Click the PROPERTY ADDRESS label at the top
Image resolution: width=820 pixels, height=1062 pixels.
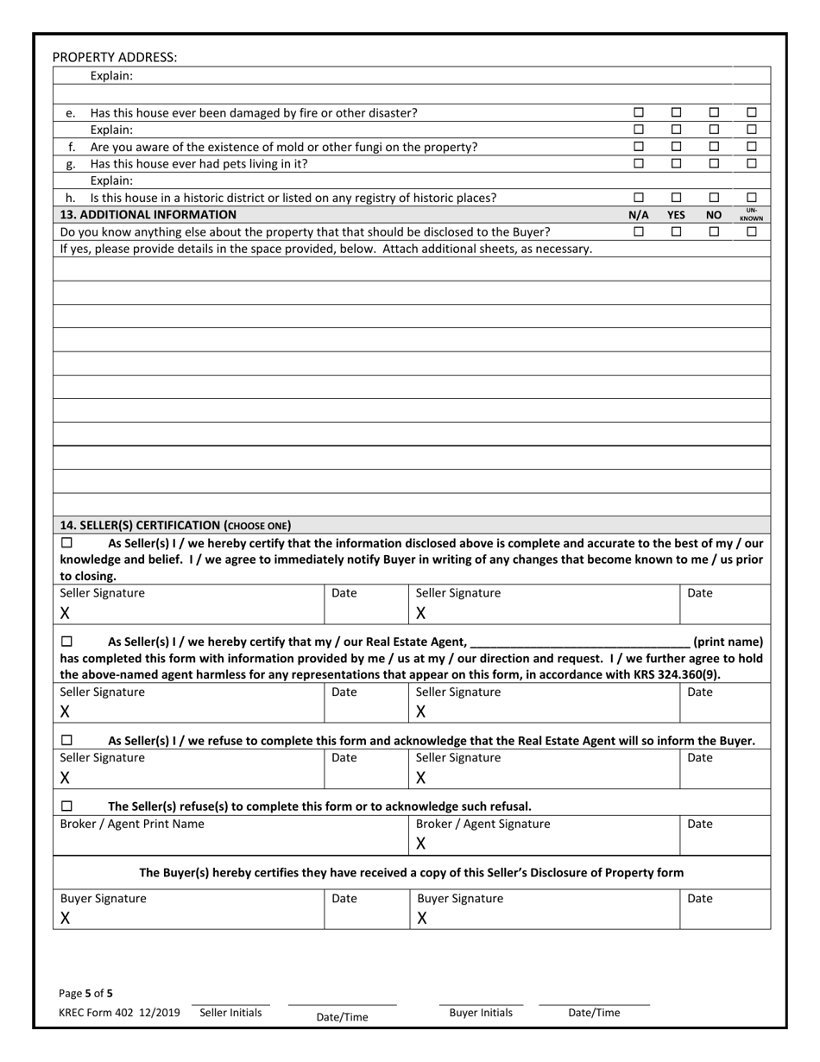[x=115, y=57]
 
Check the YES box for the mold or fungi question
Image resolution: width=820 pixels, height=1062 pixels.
[x=676, y=146]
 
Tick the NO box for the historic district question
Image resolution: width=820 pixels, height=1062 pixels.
[x=714, y=198]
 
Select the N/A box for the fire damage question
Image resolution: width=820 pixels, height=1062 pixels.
[x=639, y=112]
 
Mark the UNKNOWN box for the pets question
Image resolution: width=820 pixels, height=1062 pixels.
[x=751, y=163]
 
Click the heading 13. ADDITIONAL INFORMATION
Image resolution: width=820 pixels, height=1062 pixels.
[x=148, y=214]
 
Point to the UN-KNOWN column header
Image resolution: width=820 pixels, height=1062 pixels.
[x=751, y=214]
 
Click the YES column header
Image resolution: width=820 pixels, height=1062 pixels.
[x=676, y=214]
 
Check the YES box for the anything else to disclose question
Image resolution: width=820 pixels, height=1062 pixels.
[x=676, y=231]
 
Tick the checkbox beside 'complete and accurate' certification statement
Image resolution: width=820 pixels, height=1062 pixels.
[x=67, y=543]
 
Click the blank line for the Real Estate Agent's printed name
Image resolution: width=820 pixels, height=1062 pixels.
[x=580, y=642]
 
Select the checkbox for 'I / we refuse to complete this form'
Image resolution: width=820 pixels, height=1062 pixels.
[x=67, y=741]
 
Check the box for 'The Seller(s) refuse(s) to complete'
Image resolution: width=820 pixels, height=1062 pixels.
[x=67, y=806]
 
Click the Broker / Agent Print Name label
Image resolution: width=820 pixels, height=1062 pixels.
[x=132, y=824]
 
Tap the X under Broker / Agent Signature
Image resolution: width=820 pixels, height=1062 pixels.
[x=421, y=843]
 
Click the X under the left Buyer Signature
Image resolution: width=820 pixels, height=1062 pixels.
[x=65, y=919]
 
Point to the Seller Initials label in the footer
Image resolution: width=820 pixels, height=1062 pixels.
[x=230, y=1013]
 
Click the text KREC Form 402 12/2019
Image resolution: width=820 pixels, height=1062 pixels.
[x=119, y=1013]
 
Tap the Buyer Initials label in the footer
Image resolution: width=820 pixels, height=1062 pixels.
[x=481, y=1013]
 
